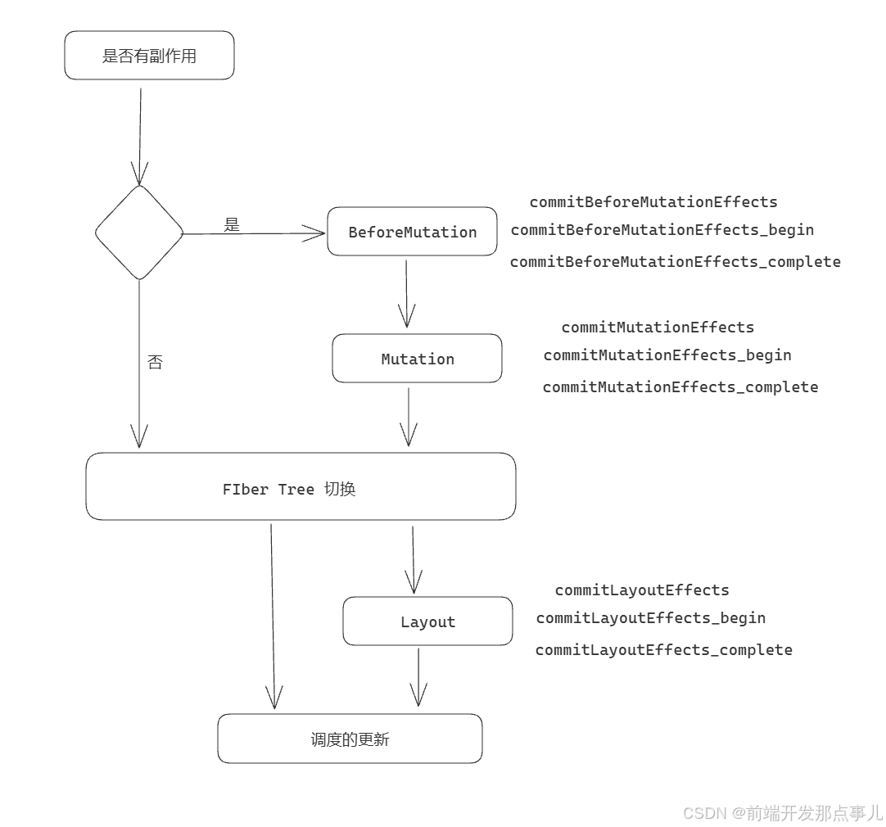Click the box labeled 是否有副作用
tap(149, 56)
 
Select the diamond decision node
tap(139, 233)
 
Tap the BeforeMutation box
tap(412, 232)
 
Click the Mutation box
tap(417, 359)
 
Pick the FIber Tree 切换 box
tap(301, 487)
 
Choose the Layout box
tap(427, 621)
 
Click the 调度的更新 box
tap(350, 739)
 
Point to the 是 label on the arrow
tap(232, 224)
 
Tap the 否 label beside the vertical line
tap(155, 362)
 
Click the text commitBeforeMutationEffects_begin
tap(662, 230)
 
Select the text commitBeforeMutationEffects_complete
tap(675, 262)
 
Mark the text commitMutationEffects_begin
tap(667, 355)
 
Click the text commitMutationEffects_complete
tap(680, 387)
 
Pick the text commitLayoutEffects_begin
tap(650, 618)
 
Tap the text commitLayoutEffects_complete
tap(663, 650)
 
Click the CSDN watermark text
tap(782, 812)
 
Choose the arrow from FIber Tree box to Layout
tap(414, 558)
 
